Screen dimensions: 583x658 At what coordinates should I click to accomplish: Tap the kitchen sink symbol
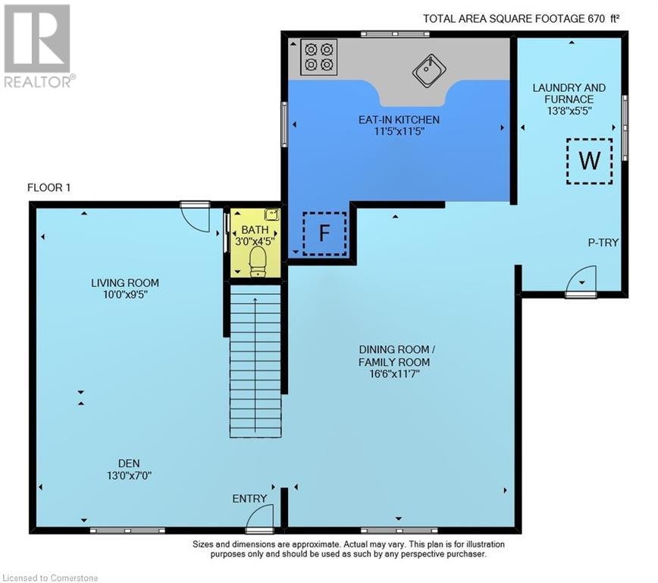pyautogui.click(x=428, y=71)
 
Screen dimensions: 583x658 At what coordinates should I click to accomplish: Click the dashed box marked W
pyautogui.click(x=589, y=161)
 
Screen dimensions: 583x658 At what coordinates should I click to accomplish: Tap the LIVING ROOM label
pyautogui.click(x=125, y=283)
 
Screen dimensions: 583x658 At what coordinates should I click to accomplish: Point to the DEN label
pyautogui.click(x=128, y=463)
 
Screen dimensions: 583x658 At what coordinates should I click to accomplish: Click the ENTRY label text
pyautogui.click(x=249, y=499)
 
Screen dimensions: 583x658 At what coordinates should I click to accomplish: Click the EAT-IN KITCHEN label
pyautogui.click(x=399, y=120)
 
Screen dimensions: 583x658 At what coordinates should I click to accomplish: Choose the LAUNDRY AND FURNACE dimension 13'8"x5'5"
pyautogui.click(x=569, y=110)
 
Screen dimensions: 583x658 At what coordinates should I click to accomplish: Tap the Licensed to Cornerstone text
pyautogui.click(x=50, y=574)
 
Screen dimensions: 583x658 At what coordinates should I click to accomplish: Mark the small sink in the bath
pyautogui.click(x=271, y=215)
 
